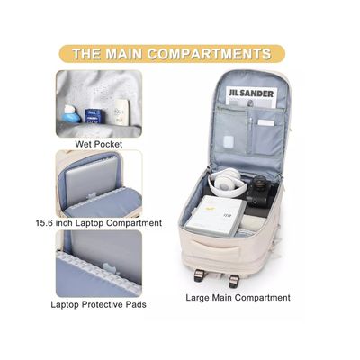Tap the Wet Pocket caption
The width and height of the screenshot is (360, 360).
pos(99,143)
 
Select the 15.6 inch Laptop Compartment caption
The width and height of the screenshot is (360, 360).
pos(99,222)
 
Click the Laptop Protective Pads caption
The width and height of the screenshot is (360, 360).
pos(99,304)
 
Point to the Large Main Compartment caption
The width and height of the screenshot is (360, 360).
pos(238,297)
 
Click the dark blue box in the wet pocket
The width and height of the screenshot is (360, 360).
pos(92,115)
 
